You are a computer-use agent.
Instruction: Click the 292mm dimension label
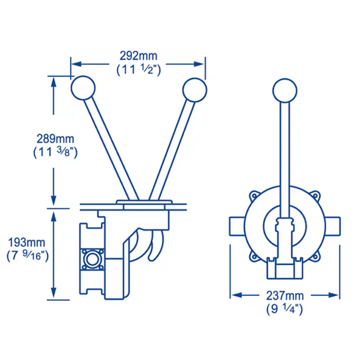tap(139, 56)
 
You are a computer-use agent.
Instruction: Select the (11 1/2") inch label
tap(139, 70)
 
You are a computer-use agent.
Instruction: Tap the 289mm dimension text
tap(55, 139)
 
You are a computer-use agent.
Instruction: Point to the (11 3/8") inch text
tap(55, 153)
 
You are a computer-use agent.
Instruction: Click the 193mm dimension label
tap(27, 242)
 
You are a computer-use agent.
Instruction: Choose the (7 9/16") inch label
tap(27, 255)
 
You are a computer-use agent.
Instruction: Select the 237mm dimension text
tap(285, 296)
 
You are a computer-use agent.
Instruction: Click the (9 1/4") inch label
tap(285, 309)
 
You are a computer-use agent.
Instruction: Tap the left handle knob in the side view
tap(83, 88)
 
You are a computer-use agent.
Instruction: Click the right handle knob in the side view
tap(194, 90)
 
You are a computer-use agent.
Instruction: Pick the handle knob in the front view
tap(285, 90)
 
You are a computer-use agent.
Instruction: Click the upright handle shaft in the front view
tap(285, 152)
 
